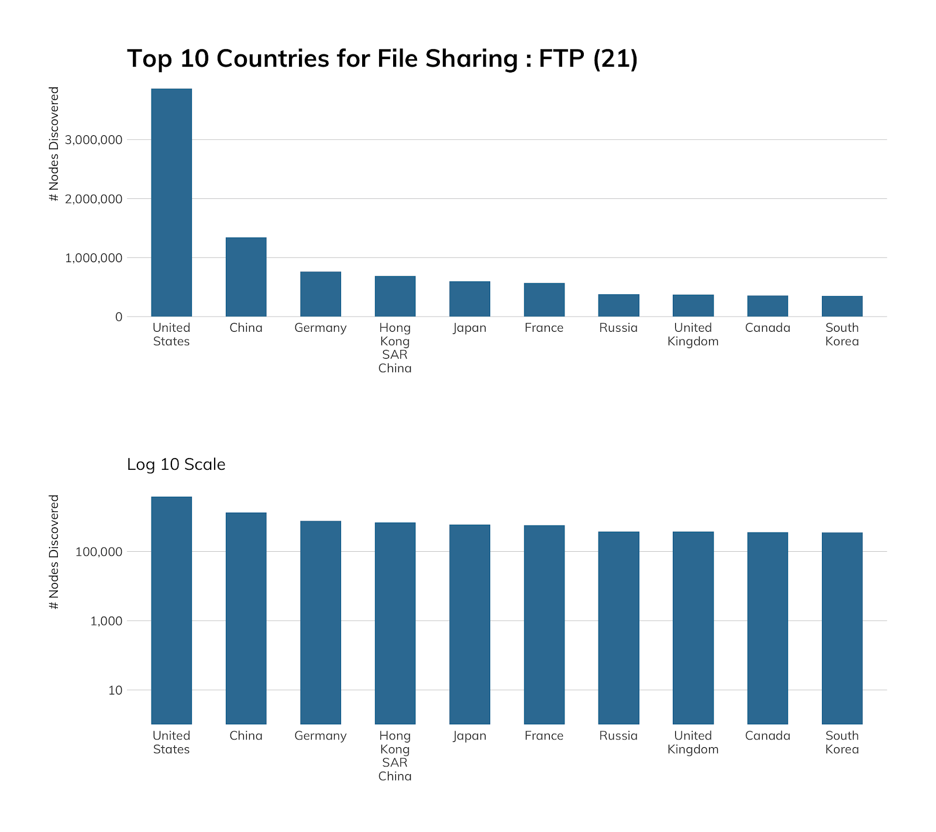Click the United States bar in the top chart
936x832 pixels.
(x=171, y=202)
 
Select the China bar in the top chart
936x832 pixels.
(x=246, y=277)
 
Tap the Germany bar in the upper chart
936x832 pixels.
(x=321, y=294)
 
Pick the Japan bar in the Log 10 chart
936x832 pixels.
(x=470, y=624)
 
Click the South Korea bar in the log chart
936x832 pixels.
(x=842, y=628)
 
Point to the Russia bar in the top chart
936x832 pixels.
(x=618, y=305)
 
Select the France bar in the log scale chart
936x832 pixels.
(x=544, y=624)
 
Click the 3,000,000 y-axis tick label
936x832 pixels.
(x=94, y=140)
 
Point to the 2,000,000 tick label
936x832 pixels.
(x=94, y=199)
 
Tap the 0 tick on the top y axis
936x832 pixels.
(x=119, y=317)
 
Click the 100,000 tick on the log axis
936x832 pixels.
(x=98, y=552)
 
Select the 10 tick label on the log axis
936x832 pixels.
(x=115, y=690)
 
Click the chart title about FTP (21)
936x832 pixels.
(x=382, y=59)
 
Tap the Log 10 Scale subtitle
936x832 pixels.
(x=176, y=465)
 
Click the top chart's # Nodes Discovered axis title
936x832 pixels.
(x=54, y=144)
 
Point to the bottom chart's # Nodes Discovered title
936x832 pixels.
(x=54, y=552)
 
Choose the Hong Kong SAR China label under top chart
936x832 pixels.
(x=395, y=348)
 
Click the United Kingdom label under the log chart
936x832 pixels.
(x=693, y=742)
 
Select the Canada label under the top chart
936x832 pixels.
(x=768, y=328)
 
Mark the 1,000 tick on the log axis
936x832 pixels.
(x=106, y=621)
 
